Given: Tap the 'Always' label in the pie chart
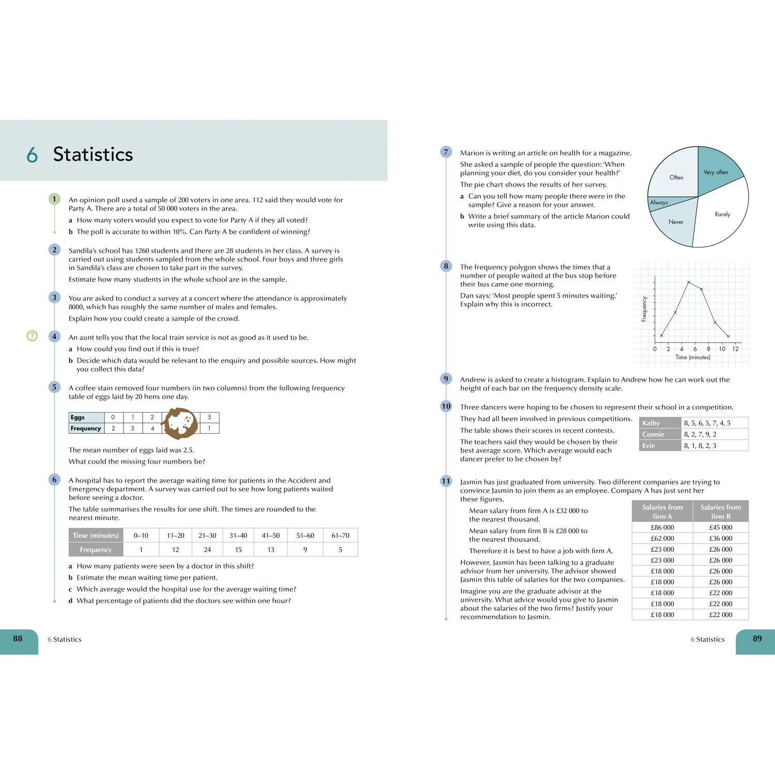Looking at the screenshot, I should coord(659,203).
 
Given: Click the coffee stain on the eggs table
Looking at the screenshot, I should coord(180,423).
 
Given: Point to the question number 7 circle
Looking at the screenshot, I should coord(446,152).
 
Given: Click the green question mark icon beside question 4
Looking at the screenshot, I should coord(32,336).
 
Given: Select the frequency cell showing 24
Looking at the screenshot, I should coord(207,549).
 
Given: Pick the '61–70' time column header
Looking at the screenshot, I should coord(340,535).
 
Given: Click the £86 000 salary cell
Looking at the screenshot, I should coord(662,528).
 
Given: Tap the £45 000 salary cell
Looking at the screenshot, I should coord(720,528).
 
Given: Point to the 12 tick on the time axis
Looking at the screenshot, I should coord(735,349).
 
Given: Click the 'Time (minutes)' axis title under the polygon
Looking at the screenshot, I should coord(692,358).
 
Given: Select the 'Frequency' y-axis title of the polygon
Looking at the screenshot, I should coord(644,309).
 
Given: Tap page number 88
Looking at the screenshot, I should coord(18,639).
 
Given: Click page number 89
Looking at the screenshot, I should coord(757,639).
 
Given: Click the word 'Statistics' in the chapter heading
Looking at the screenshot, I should coord(93,154).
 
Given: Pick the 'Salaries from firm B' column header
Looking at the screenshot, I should coord(720,512).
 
